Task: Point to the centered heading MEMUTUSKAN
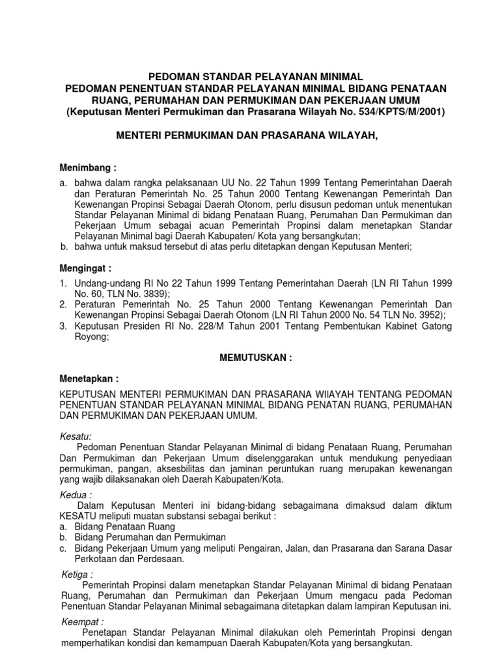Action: (x=253, y=358)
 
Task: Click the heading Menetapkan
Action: (x=88, y=378)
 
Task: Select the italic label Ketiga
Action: (x=76, y=575)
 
